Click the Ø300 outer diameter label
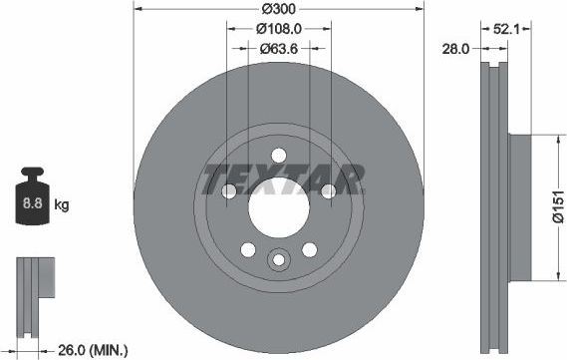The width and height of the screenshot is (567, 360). tap(280, 9)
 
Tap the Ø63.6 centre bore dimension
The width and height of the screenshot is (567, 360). tap(280, 47)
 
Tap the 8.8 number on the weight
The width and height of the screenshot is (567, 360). tap(32, 205)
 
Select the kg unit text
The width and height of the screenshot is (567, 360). tap(61, 205)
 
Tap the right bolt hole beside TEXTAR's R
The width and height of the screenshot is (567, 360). tap(329, 191)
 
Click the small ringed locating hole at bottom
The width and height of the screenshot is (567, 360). tap(279, 260)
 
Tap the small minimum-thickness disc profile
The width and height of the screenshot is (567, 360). tap(32, 290)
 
